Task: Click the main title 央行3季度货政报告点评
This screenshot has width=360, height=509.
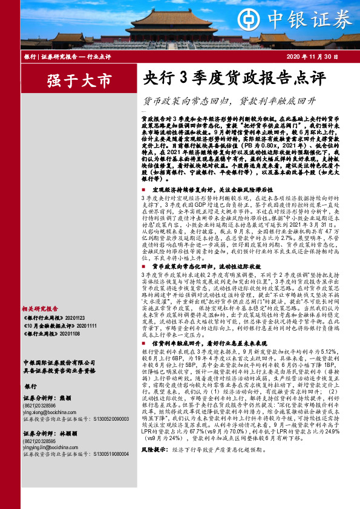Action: [226, 79]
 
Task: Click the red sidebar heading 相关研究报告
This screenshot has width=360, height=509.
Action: [39, 308]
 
